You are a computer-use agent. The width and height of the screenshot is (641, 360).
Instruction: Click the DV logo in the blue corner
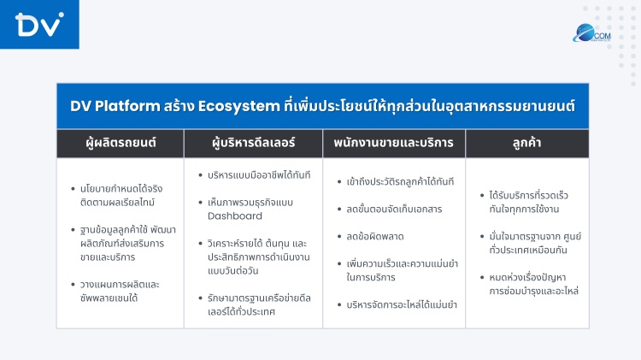tap(38, 25)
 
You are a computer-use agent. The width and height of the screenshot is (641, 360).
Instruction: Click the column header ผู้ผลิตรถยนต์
tap(121, 143)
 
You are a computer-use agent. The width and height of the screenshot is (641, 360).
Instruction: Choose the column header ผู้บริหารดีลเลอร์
tap(253, 143)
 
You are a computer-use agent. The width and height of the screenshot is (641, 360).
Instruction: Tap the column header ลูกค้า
tap(527, 143)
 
